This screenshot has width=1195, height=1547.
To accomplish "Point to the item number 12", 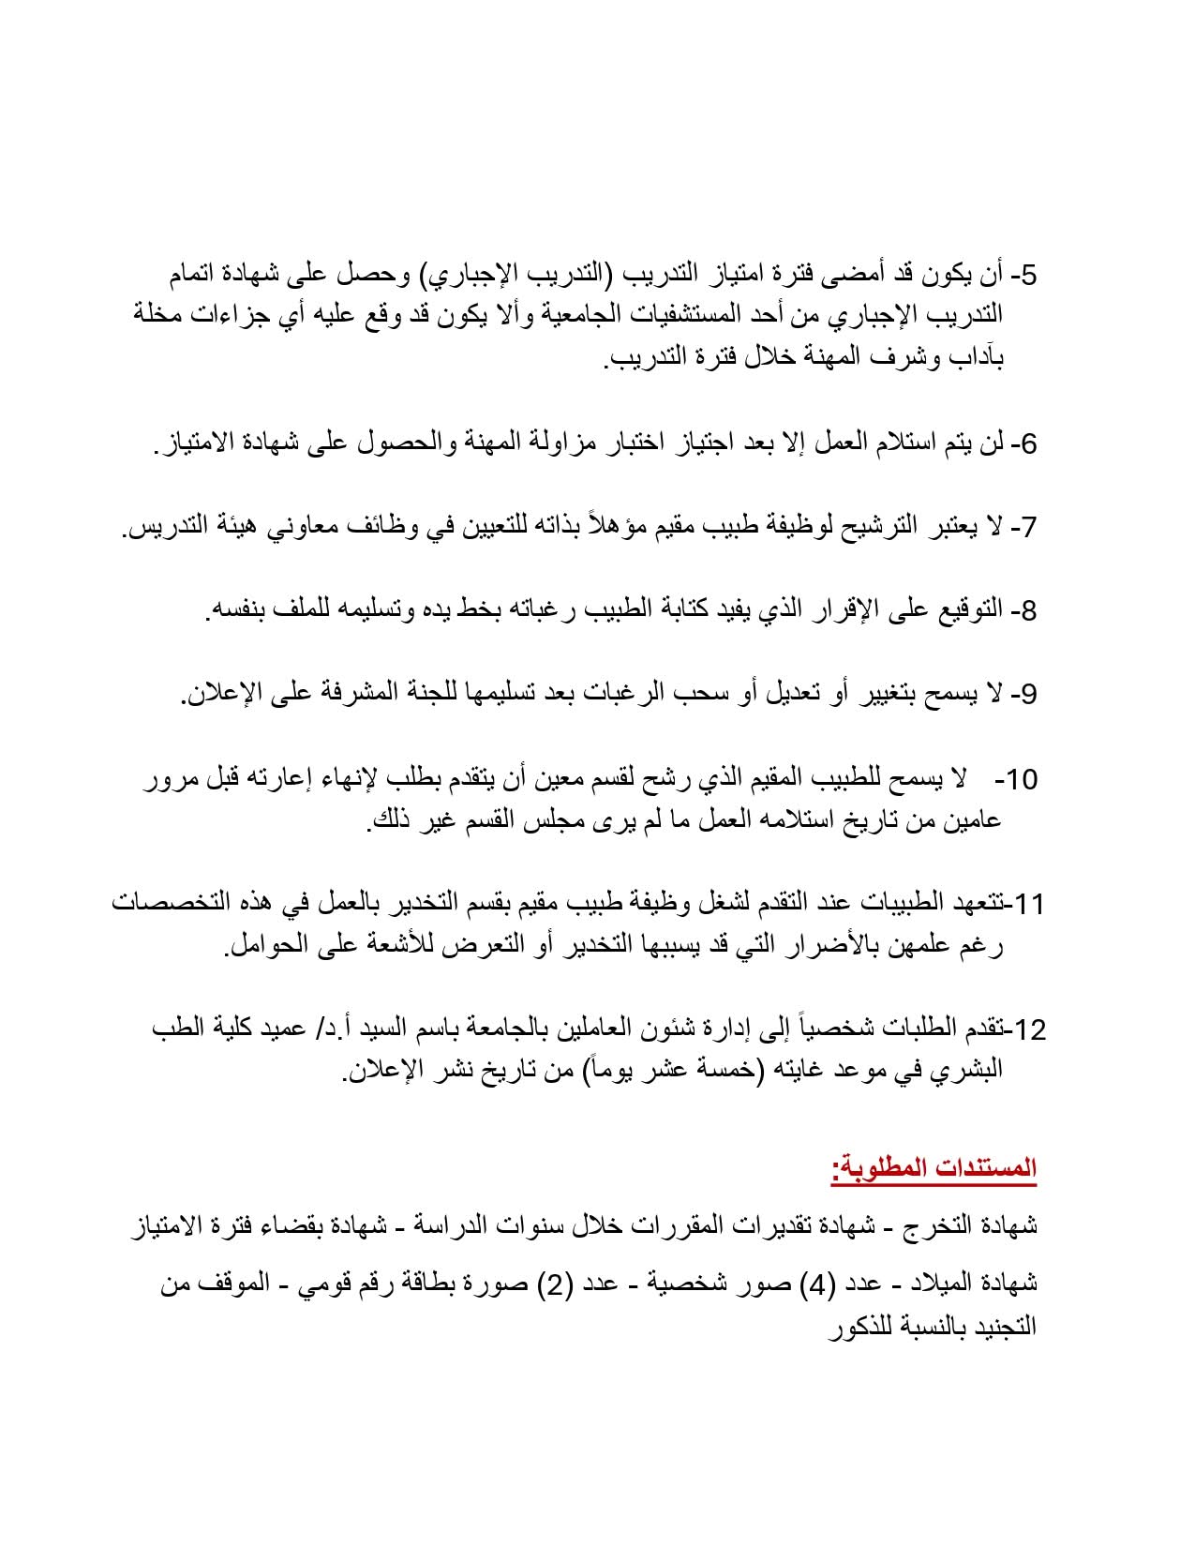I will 1030,1029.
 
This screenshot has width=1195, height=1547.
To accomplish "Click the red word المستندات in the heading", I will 981,1168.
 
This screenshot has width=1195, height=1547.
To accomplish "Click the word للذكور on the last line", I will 863,1327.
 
